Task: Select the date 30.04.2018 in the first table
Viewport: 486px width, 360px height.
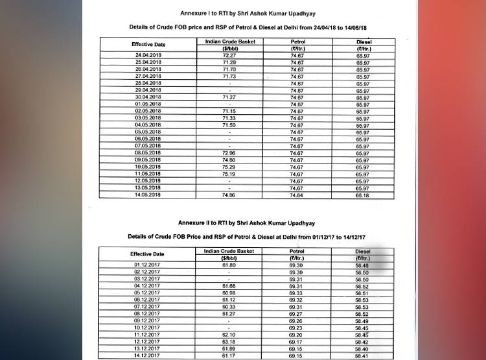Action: (x=148, y=97)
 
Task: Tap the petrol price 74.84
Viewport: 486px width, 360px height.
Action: (x=297, y=195)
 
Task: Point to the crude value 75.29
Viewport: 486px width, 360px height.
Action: (x=229, y=167)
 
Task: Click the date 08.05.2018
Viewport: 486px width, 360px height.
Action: (x=148, y=153)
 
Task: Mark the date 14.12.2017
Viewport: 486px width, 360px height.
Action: (x=147, y=355)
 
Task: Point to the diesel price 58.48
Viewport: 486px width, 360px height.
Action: (x=363, y=265)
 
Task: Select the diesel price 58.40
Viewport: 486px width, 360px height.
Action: (x=363, y=348)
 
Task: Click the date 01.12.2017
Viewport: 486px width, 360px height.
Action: (x=147, y=265)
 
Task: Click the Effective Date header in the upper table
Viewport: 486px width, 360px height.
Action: (x=149, y=44)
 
